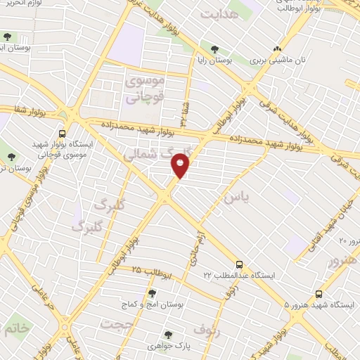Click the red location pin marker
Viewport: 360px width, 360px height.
[181, 166]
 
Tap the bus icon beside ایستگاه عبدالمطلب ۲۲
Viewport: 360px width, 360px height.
[240, 265]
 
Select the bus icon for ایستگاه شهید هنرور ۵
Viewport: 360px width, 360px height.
[319, 295]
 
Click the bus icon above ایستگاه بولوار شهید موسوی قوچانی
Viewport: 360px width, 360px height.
[63, 133]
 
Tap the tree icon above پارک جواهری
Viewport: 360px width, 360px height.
[167, 335]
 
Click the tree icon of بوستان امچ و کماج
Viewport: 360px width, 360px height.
[152, 294]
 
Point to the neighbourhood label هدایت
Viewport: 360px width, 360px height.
[216, 13]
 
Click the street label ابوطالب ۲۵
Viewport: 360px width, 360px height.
[147, 271]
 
